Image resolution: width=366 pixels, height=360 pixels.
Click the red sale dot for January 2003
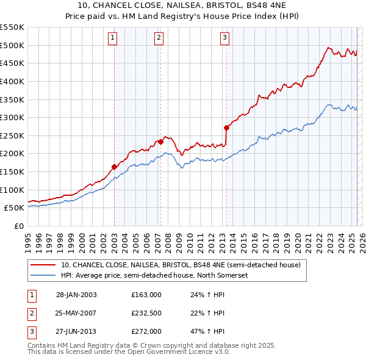coord(114,167)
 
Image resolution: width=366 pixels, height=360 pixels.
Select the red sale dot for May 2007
coord(160,142)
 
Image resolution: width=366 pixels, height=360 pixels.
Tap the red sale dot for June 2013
coord(226,128)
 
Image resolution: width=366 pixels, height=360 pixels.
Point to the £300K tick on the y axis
coord(12,117)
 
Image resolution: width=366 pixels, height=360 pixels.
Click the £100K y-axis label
coord(12,190)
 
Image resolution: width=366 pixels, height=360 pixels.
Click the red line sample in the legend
coord(43,265)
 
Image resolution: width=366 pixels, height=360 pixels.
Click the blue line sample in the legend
coord(43,276)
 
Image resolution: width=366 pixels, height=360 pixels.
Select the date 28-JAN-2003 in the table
coord(76,295)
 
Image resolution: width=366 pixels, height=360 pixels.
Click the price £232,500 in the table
coord(146,313)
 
